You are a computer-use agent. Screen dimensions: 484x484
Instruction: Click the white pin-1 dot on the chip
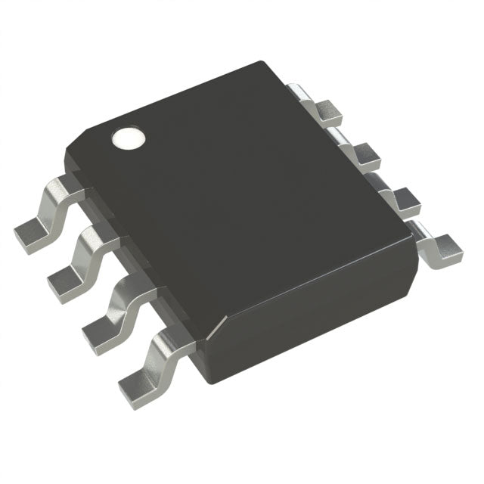[x=129, y=139]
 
